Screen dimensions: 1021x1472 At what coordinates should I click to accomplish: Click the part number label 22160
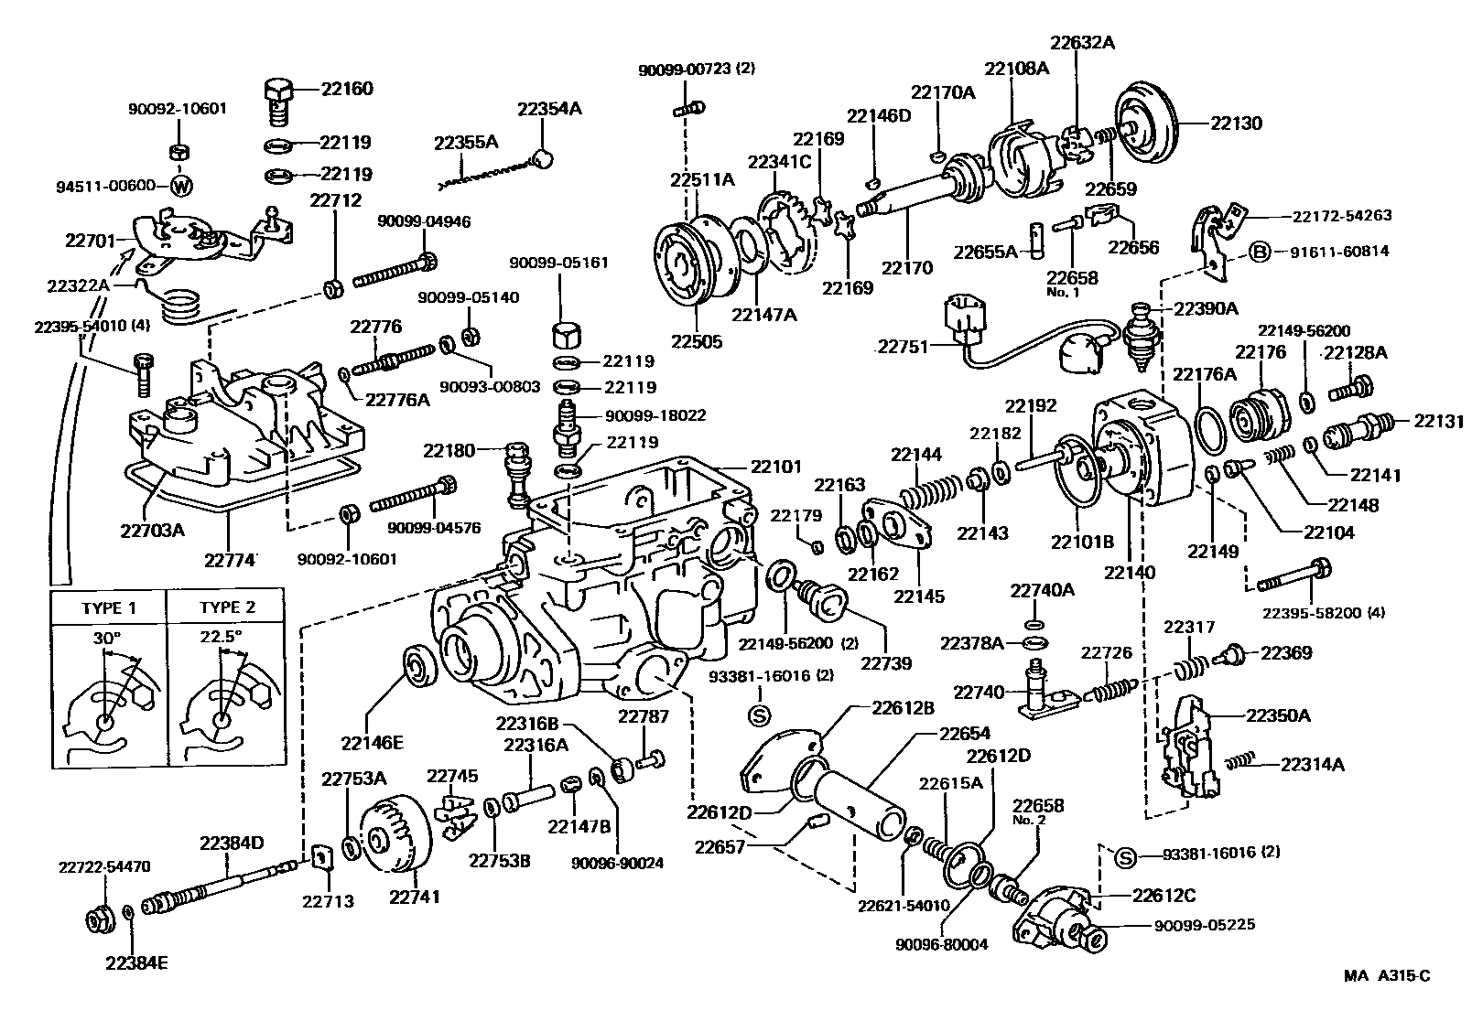[347, 89]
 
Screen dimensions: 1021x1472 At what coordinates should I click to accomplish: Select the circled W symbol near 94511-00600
[182, 186]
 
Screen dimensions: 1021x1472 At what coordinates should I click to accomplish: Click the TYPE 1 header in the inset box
[108, 607]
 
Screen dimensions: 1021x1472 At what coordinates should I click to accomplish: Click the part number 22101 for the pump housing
[775, 467]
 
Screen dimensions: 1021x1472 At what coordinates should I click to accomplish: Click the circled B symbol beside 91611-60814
[1260, 252]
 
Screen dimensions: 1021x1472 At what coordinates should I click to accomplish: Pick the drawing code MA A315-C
[1386, 975]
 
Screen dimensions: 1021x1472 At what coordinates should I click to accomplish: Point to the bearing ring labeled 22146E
[422, 666]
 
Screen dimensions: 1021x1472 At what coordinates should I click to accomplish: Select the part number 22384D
[232, 843]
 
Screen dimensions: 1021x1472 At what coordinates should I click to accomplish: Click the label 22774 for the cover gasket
[230, 559]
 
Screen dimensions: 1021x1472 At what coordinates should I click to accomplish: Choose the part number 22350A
[1277, 715]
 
